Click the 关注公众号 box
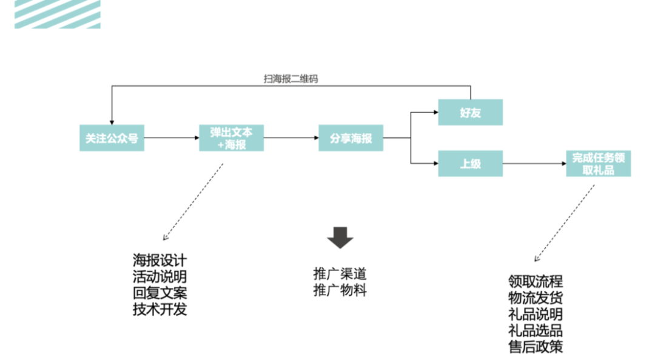(112, 138)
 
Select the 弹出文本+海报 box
(231, 138)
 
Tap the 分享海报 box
(351, 138)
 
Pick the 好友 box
(470, 112)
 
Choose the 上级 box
(470, 164)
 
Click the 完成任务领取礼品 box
(598, 164)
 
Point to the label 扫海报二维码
(291, 79)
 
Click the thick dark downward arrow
(340, 238)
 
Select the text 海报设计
(160, 261)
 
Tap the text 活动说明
(160, 277)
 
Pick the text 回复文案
(160, 293)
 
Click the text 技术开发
(160, 310)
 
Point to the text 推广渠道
(340, 274)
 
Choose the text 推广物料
(340, 290)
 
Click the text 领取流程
(536, 282)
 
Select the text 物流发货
(536, 298)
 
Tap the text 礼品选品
(536, 331)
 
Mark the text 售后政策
(536, 347)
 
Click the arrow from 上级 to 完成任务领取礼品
(534, 164)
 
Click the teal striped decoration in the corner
(58, 14)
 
